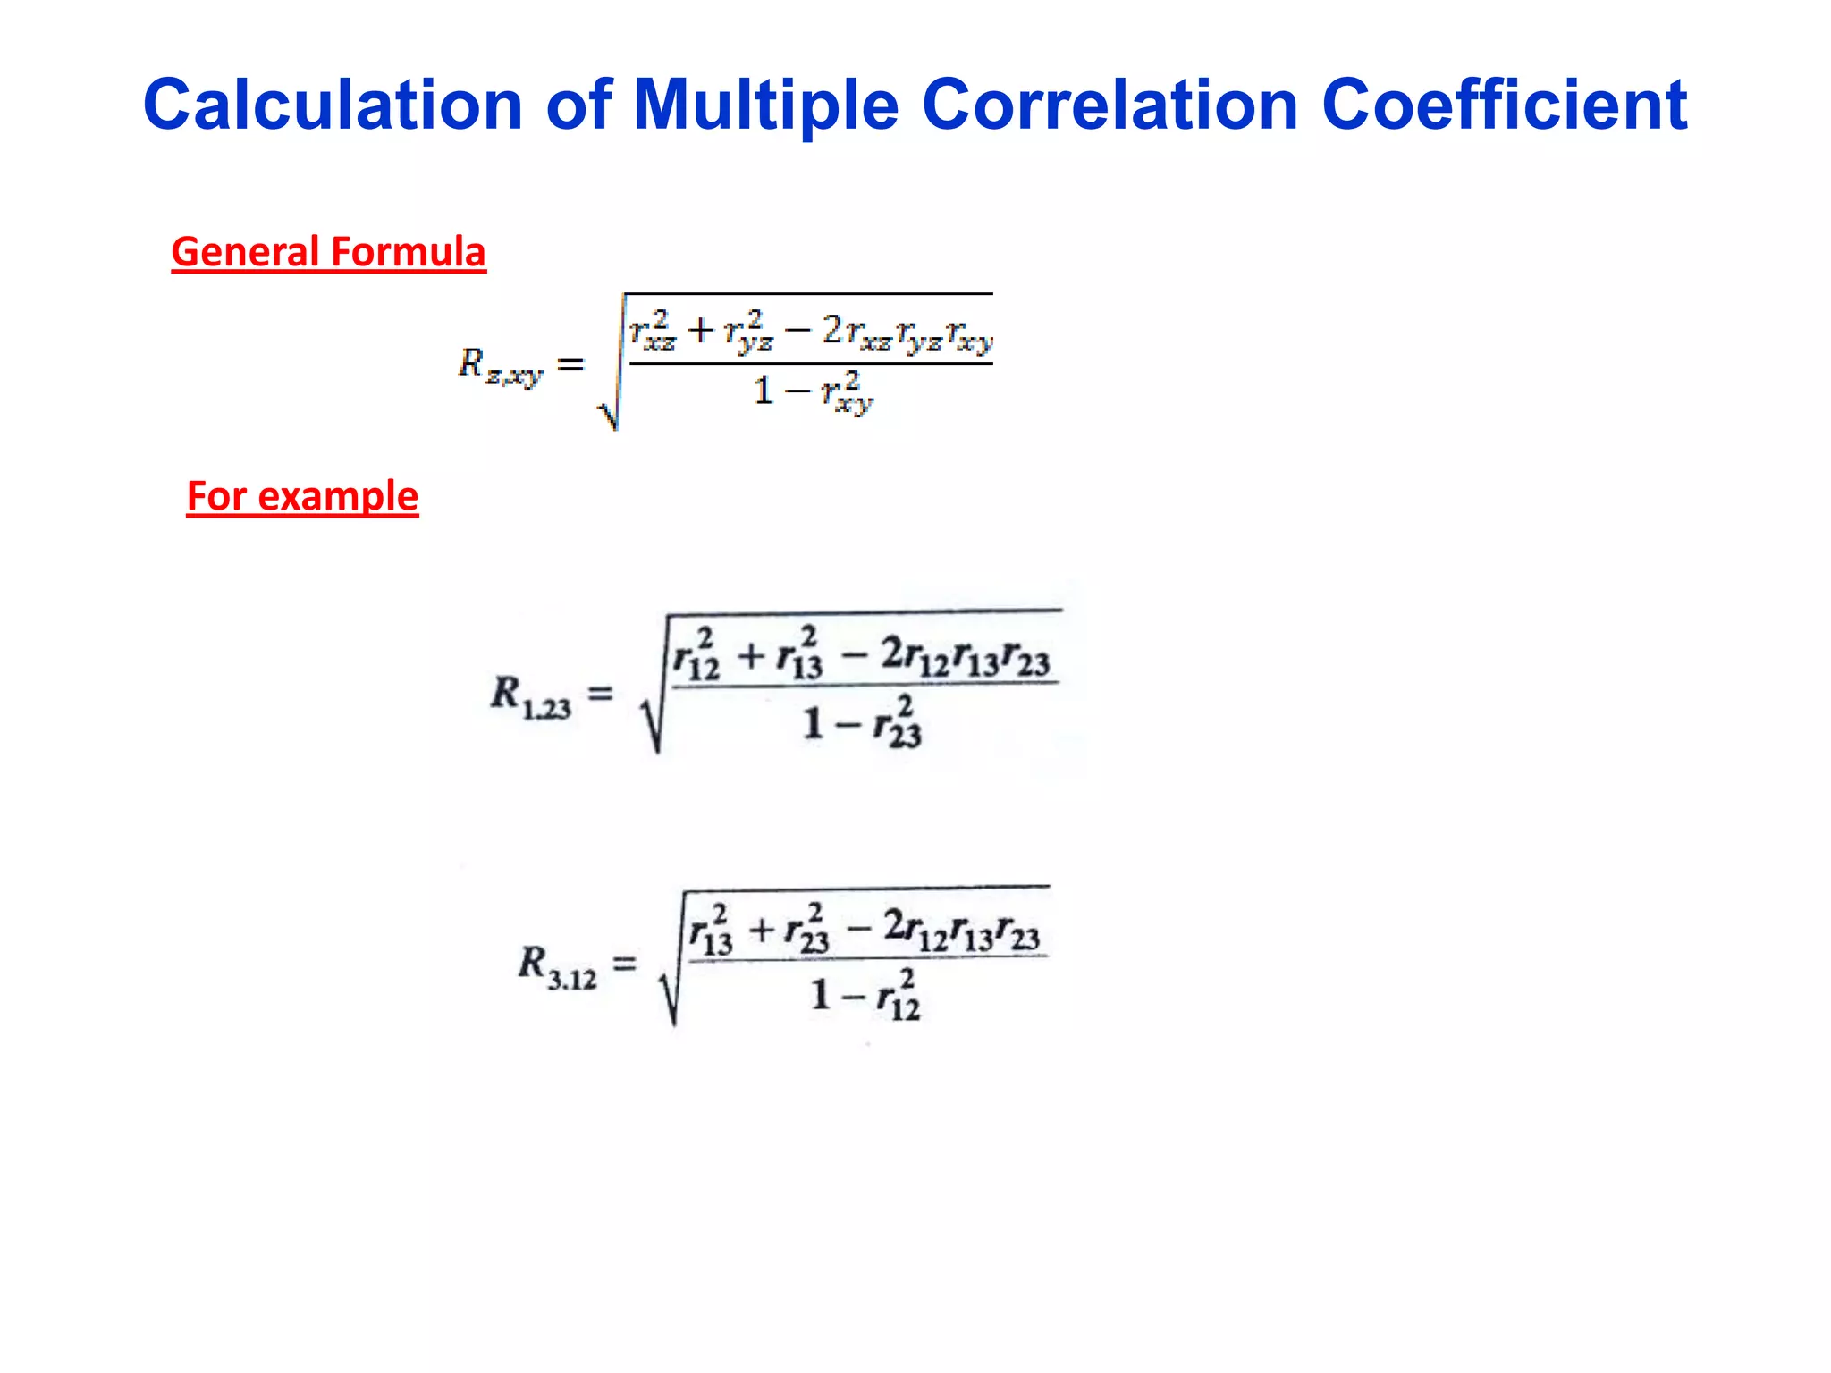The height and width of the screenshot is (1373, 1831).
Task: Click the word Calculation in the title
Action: [332, 105]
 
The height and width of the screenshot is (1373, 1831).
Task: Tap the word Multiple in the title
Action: [765, 105]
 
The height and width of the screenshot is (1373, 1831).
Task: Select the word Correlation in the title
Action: [1110, 105]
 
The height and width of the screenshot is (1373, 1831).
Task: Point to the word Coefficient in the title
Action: [1504, 105]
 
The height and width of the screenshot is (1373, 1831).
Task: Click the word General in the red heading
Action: [245, 252]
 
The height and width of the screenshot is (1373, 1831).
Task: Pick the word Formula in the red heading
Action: [408, 252]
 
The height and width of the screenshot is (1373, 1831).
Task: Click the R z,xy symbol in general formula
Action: [499, 366]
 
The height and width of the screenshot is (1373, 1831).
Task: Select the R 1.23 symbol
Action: [529, 696]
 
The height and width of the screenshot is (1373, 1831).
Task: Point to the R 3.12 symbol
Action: [556, 968]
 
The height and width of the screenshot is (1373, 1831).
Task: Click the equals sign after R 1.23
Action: [600, 693]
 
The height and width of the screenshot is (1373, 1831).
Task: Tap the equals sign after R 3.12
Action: [624, 964]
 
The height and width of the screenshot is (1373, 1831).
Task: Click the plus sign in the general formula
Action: [700, 331]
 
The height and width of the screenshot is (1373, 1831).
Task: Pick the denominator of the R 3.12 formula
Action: [865, 996]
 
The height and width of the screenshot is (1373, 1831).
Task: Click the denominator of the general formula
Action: [812, 392]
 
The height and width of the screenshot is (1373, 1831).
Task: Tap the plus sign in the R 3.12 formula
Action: [761, 931]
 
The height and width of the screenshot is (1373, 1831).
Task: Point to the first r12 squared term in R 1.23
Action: [696, 657]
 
